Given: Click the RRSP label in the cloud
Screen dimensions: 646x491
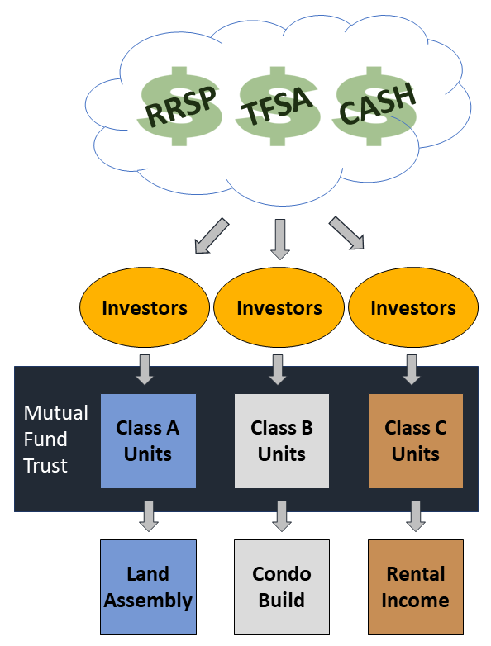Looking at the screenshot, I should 181,106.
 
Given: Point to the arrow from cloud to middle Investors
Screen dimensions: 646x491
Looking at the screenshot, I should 279,239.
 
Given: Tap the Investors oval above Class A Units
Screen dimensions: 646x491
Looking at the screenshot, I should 145,308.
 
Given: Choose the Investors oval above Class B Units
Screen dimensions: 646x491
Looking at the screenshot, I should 279,308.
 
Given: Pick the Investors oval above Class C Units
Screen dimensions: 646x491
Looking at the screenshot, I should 413,308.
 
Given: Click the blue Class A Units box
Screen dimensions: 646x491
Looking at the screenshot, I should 148,440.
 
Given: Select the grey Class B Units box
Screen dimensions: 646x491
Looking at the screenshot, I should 282,440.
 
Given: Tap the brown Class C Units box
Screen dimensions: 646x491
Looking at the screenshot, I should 416,440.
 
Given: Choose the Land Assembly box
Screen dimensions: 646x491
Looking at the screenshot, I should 148,587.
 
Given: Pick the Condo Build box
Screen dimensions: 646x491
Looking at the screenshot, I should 282,587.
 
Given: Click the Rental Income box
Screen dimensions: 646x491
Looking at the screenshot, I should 416,587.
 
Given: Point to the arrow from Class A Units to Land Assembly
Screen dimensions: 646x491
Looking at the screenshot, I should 148,515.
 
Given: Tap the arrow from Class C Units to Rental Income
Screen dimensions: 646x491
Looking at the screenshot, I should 416,515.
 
